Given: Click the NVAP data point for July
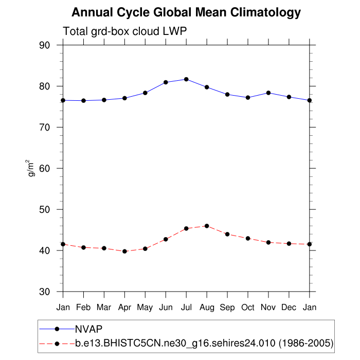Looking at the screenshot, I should tap(186, 79).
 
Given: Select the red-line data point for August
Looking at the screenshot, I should tap(207, 226).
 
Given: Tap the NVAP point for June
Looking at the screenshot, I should tap(166, 82).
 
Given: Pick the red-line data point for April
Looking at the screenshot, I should tap(124, 251).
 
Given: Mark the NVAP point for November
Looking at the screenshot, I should tap(268, 93).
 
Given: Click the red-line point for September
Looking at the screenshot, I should tap(227, 234).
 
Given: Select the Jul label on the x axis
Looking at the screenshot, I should tap(186, 307).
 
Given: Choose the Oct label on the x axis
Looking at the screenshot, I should tap(248, 307).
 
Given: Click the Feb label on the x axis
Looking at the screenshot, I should tap(83, 307).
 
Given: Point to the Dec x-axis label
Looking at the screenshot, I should tap(289, 307).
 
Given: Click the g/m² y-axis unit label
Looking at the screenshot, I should tap(31, 168).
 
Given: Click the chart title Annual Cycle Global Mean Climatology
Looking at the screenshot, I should tap(186, 12).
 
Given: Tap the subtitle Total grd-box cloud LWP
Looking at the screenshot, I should tap(124, 31).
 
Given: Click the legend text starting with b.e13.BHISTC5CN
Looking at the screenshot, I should tap(204, 343).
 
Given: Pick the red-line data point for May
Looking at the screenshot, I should tap(145, 248).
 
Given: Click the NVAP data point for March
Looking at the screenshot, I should tap(104, 100).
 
